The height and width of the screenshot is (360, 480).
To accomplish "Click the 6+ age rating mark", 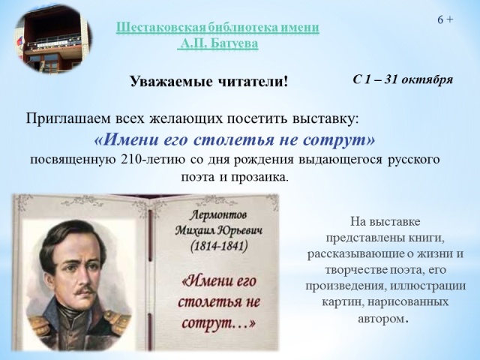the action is pyautogui.click(x=445, y=20).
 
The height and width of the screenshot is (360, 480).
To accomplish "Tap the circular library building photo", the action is pyautogui.click(x=52, y=39).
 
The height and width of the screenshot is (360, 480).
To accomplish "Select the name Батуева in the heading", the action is pyautogui.click(x=235, y=44).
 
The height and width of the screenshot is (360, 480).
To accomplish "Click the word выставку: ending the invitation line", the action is pyautogui.click(x=325, y=118).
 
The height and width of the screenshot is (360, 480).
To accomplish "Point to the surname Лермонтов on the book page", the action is pyautogui.click(x=218, y=215).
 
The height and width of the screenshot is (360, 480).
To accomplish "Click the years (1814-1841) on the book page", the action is pyautogui.click(x=218, y=246).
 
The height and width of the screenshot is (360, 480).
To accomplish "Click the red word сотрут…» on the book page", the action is pyautogui.click(x=218, y=322).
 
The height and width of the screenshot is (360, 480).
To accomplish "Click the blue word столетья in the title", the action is pyautogui.click(x=234, y=140).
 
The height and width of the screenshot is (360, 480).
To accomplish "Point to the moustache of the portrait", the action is pyautogui.click(x=85, y=289).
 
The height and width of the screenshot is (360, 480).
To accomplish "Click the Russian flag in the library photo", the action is pyautogui.click(x=20, y=42).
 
